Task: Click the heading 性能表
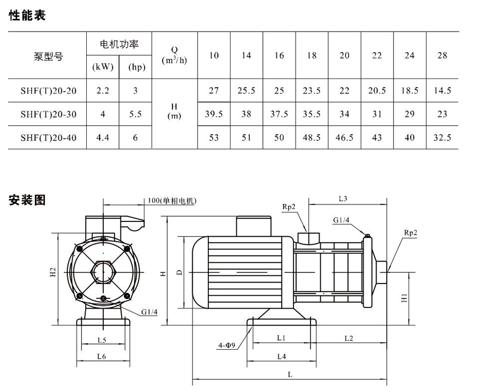tap(27, 16)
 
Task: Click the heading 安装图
tap(27, 200)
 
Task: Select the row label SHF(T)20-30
tap(48, 114)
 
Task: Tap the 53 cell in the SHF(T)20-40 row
tap(214, 137)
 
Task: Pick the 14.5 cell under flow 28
tap(442, 90)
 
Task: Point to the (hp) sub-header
tap(135, 67)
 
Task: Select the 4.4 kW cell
tap(103, 137)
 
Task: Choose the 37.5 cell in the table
tap(279, 114)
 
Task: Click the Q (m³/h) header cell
tap(175, 55)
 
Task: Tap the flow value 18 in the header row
tap(312, 55)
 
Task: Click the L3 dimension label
tap(344, 198)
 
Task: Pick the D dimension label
tap(180, 272)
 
